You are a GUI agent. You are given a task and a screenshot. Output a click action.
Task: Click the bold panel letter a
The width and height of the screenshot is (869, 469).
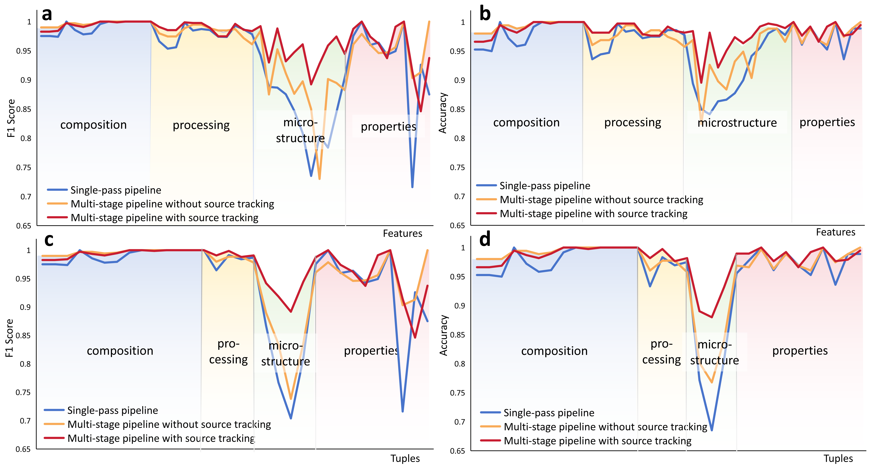[47, 14]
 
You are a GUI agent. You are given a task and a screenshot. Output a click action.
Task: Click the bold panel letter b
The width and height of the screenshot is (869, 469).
[485, 14]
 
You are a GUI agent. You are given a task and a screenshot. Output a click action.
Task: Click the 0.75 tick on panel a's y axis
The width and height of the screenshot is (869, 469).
[24, 168]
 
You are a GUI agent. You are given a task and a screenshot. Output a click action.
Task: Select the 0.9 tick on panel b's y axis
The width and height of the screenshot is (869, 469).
[459, 80]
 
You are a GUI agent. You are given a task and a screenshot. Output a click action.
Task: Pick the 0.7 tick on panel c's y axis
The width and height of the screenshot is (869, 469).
[25, 421]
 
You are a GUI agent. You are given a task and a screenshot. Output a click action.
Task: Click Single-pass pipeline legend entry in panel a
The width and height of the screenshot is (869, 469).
[115, 190]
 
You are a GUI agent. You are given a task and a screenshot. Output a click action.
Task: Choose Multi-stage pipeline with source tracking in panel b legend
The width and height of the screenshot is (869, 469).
[593, 214]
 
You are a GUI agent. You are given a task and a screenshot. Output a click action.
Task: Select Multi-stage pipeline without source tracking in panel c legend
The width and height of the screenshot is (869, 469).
[169, 424]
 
